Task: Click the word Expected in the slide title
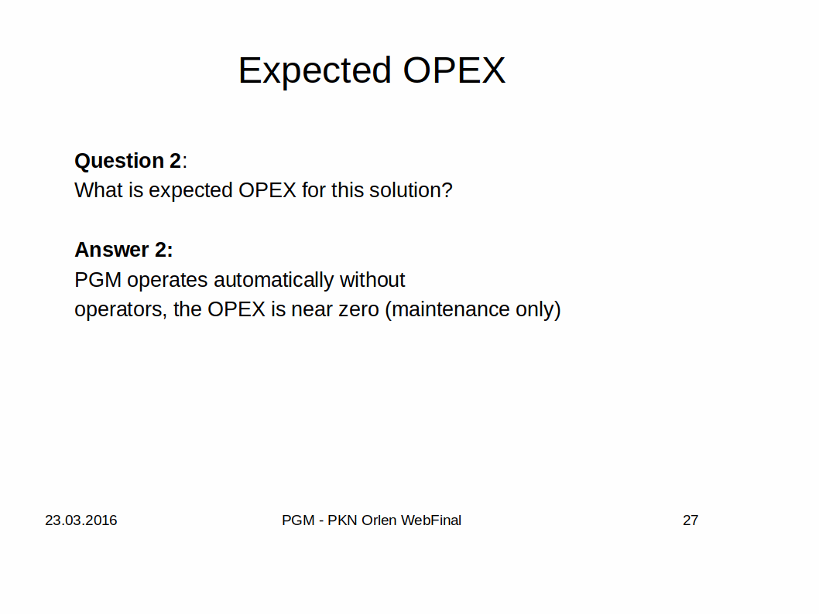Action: point(314,71)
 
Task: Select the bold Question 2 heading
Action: point(128,161)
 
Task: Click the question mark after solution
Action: point(447,190)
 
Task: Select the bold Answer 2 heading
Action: point(124,250)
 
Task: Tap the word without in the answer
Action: point(372,280)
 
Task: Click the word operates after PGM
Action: point(167,281)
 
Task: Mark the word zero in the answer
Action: point(359,310)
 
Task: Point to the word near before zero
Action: point(312,310)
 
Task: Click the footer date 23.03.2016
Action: point(81,520)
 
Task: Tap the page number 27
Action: point(690,520)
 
